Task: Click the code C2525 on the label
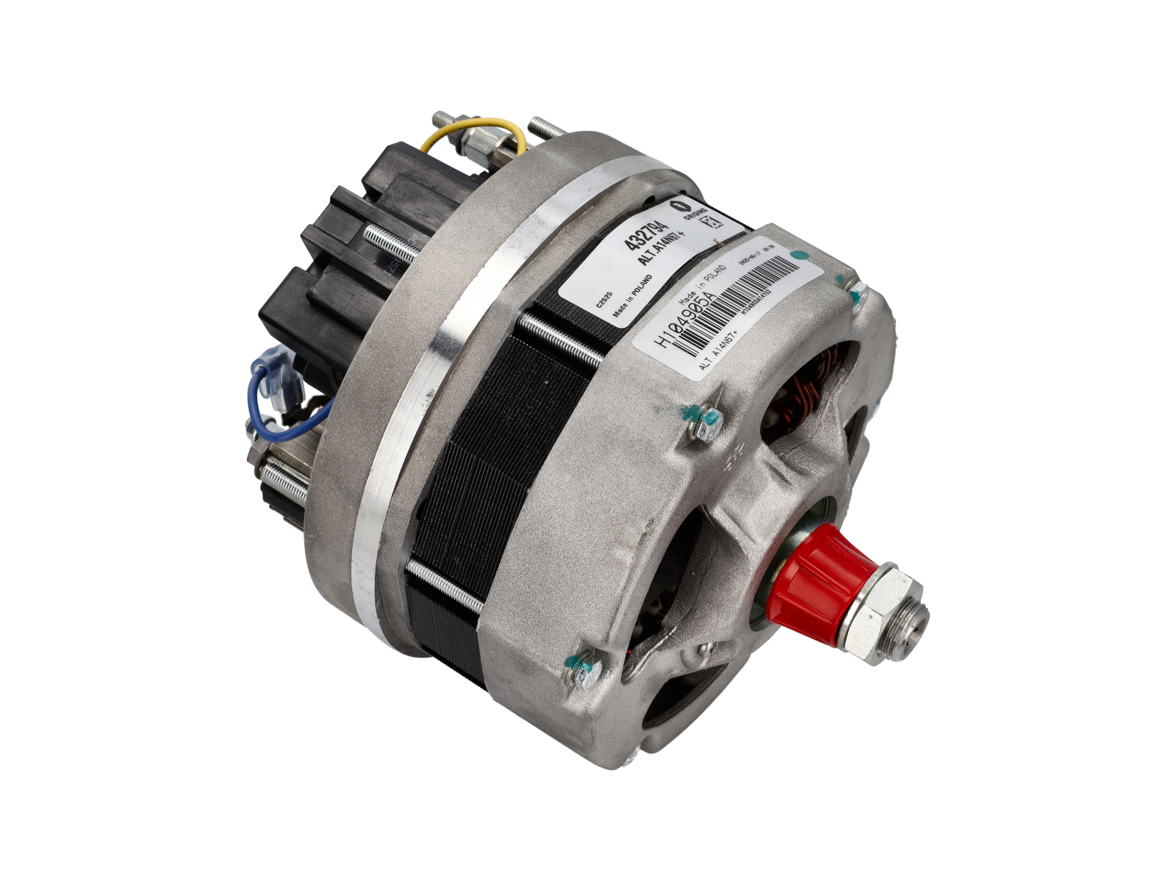[604, 301]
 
